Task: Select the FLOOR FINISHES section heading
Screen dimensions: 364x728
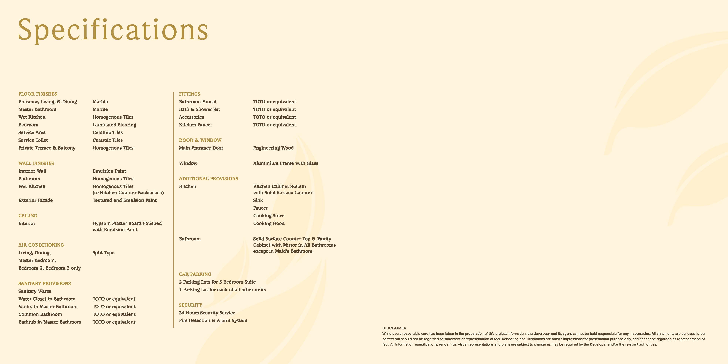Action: pos(38,94)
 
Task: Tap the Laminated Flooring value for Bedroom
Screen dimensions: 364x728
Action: pos(114,125)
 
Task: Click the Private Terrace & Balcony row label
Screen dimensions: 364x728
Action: pos(47,148)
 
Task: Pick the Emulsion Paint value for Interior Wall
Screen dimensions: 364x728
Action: pos(109,171)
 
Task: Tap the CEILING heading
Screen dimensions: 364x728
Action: pos(28,216)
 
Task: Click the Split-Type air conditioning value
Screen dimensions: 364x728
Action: pos(103,253)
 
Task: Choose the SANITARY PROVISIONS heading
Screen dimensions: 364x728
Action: pos(45,283)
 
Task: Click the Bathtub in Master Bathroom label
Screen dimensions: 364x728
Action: pos(50,322)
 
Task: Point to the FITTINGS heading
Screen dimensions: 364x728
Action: pos(189,94)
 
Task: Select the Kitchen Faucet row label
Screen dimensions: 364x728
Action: pos(195,125)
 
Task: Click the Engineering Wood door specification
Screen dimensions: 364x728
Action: pos(273,148)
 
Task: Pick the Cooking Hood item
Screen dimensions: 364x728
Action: pos(269,223)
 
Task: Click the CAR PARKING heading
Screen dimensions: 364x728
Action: pos(195,274)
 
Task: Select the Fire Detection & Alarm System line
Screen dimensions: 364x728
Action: pos(213,321)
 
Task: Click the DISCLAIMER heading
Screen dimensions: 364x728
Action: pos(394,328)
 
